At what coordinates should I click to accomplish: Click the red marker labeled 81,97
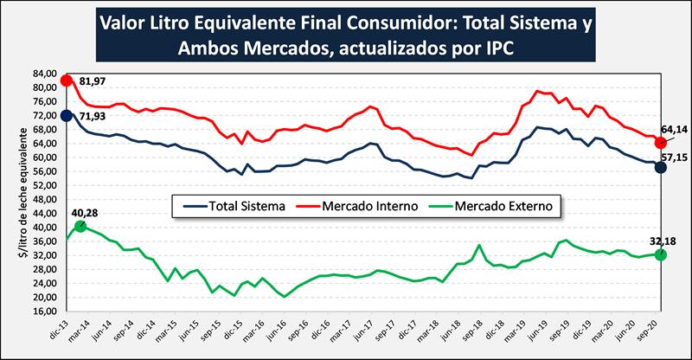point(67,81)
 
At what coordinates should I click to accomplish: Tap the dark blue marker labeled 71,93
point(67,116)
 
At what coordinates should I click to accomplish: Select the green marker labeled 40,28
point(80,226)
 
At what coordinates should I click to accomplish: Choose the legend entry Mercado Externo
point(501,207)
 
